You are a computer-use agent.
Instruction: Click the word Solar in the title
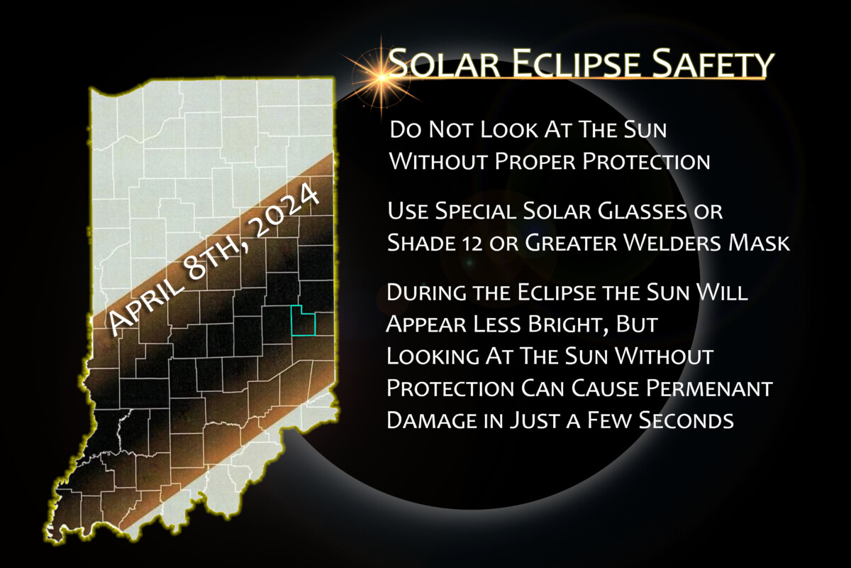coord(443,65)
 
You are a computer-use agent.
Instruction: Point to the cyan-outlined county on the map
coord(304,321)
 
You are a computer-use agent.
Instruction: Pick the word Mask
coord(763,243)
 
